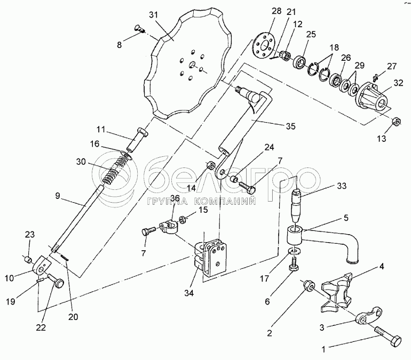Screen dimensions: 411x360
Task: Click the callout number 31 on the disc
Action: click(x=154, y=15)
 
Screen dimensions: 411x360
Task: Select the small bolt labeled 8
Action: click(x=140, y=28)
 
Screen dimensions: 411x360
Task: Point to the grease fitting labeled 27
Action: click(x=375, y=77)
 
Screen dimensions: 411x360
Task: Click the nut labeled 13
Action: click(x=396, y=122)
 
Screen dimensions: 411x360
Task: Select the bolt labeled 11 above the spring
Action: click(x=138, y=139)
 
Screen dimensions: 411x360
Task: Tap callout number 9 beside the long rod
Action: click(x=58, y=195)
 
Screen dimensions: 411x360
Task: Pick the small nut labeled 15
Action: click(x=182, y=219)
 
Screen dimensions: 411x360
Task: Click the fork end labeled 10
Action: click(x=42, y=265)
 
